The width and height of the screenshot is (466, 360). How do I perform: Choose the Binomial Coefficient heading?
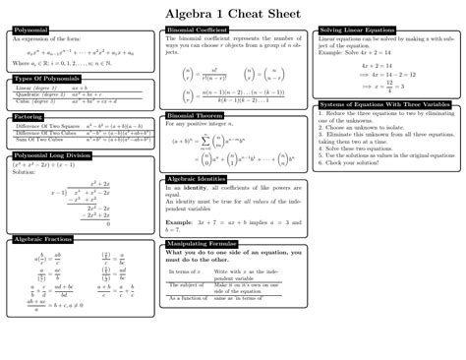[x=200, y=31]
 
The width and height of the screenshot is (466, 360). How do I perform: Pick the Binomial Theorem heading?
[x=194, y=115]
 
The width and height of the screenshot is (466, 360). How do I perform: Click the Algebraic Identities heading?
[x=198, y=179]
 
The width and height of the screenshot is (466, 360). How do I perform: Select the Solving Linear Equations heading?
[x=360, y=30]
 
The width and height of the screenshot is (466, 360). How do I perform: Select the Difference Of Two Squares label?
[x=47, y=126]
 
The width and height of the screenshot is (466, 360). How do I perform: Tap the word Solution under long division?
[x=24, y=172]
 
